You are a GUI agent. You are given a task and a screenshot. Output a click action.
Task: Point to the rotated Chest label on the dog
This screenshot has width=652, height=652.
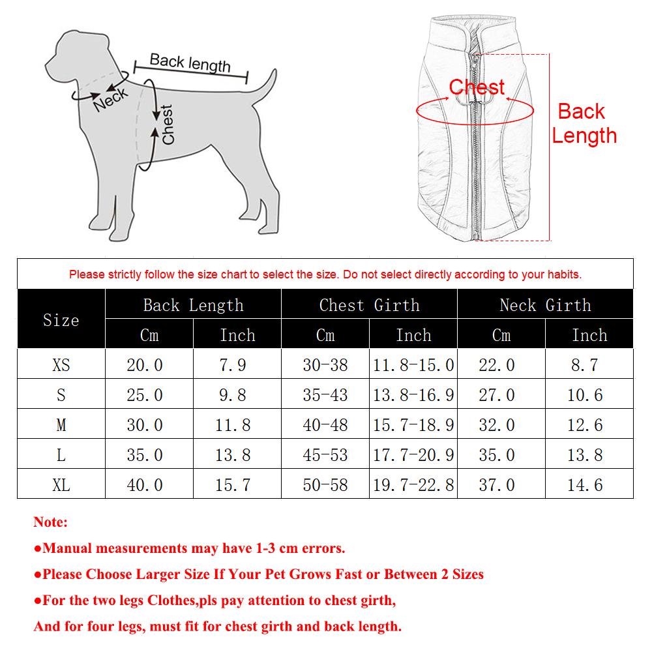coord(168,125)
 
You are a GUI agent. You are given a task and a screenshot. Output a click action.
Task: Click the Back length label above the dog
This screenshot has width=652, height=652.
coord(190,63)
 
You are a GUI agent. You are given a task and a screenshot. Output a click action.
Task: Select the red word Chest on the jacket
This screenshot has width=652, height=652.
coord(477,87)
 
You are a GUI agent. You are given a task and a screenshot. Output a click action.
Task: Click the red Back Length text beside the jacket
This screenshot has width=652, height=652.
coord(584,123)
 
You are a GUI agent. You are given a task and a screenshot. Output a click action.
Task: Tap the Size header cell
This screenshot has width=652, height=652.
coord(61,320)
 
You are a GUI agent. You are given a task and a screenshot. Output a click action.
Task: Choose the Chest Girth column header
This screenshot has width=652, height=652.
coord(369,305)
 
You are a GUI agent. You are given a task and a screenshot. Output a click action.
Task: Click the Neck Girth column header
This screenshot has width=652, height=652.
coord(545,305)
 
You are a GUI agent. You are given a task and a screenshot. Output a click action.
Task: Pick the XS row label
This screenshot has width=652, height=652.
coord(61,365)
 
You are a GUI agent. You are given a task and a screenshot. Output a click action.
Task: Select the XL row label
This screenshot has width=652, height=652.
coord(61,485)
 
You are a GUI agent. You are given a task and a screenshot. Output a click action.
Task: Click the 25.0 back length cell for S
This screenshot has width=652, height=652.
coord(145,395)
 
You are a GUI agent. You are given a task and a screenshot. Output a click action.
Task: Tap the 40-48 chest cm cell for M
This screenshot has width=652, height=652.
coord(325,425)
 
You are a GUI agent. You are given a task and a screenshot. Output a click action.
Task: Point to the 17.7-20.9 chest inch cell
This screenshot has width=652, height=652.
coord(413,455)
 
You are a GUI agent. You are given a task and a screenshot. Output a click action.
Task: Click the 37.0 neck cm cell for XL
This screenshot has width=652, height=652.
coord(497,485)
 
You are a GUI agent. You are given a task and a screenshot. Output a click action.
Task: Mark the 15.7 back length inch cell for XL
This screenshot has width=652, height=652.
coord(233,485)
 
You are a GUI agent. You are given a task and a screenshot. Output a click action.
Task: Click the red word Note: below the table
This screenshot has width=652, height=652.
coord(50,522)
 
